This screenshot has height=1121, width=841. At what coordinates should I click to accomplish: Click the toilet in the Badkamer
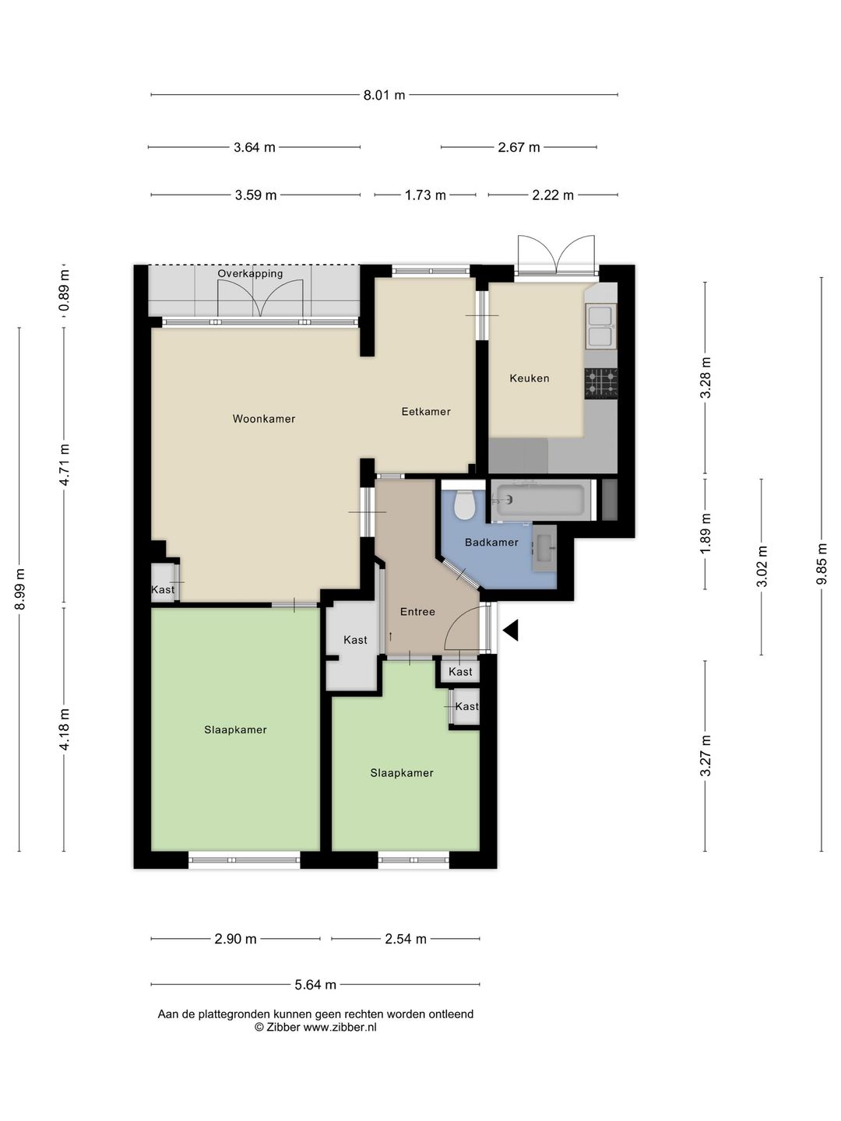[465, 504]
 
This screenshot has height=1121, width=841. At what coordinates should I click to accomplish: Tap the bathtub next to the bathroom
[540, 500]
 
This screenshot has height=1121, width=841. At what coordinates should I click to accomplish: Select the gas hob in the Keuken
[601, 382]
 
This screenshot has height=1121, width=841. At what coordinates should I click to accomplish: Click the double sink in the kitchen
[601, 326]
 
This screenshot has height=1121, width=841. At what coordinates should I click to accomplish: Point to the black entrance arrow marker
[511, 630]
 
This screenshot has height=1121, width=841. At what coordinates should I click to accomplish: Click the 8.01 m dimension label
[384, 95]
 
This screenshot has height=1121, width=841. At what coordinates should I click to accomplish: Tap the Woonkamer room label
[264, 419]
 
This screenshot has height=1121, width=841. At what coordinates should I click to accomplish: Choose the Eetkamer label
[426, 412]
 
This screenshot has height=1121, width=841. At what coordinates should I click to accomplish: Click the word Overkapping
[250, 274]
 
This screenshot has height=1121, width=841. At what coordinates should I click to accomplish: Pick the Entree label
[417, 612]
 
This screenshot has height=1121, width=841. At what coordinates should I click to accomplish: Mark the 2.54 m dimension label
[406, 939]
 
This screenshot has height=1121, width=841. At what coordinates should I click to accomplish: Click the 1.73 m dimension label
[425, 195]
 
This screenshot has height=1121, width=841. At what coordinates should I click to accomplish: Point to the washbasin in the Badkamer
[544, 548]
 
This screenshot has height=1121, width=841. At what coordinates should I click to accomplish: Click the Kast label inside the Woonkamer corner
[163, 589]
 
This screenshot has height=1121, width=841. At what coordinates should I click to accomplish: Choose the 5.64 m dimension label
[315, 985]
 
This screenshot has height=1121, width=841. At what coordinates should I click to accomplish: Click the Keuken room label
[530, 378]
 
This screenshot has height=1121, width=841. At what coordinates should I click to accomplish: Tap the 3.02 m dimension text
[762, 567]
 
